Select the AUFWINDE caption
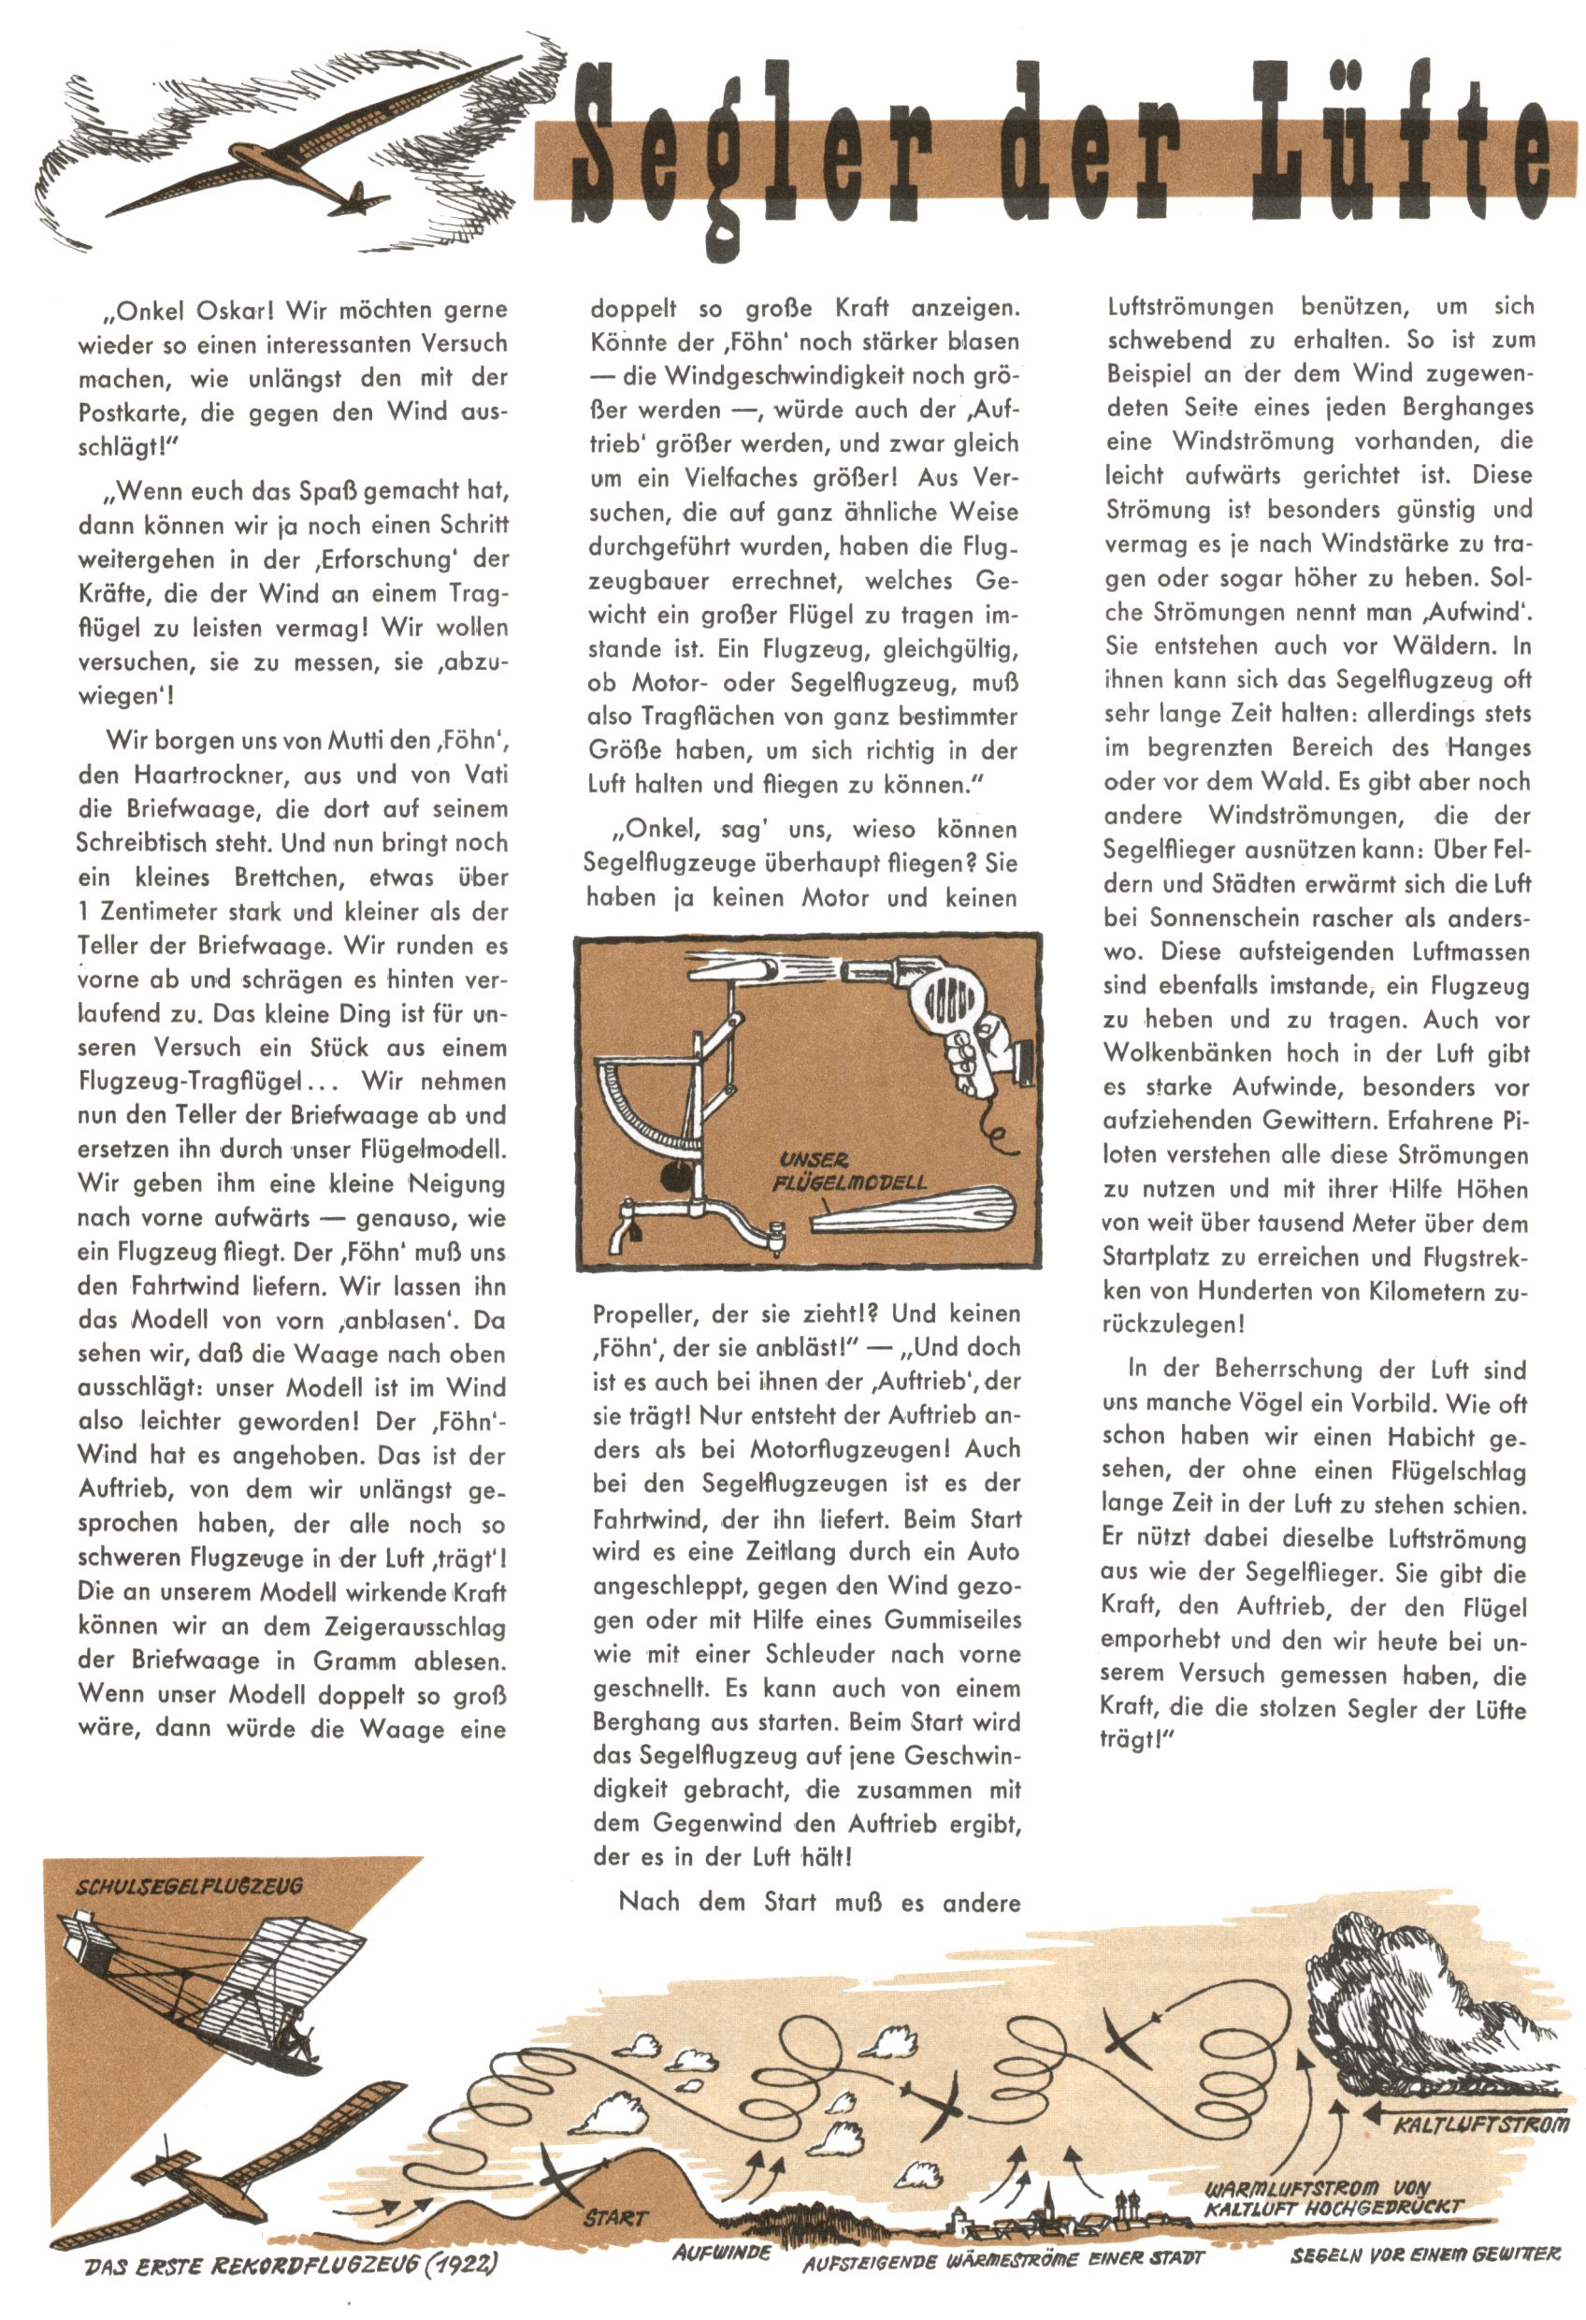point(722,2252)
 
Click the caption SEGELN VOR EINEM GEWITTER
point(1424,2255)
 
